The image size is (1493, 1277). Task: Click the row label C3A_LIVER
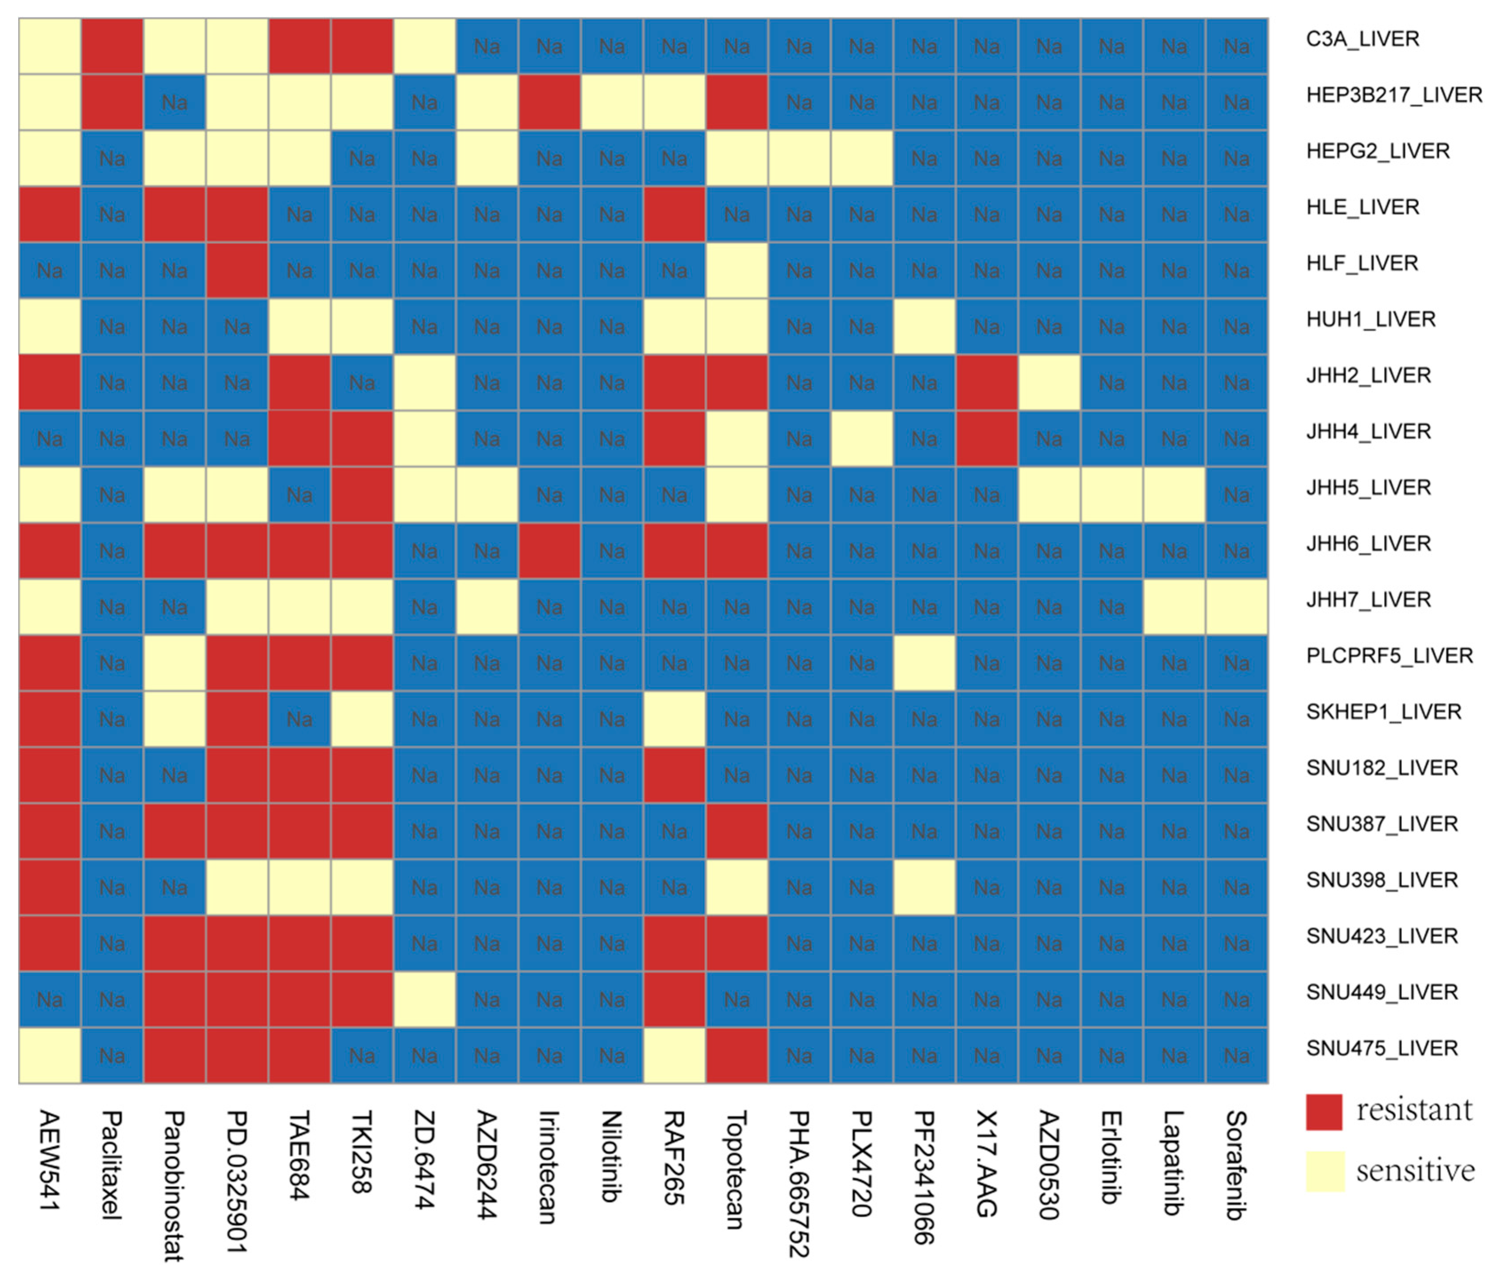[x=1362, y=39]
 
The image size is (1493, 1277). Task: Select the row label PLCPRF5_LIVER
[x=1389, y=656]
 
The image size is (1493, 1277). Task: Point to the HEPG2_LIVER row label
[x=1377, y=151]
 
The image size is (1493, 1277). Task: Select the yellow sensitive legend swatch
[x=1324, y=1171]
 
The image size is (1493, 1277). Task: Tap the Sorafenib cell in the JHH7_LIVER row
[x=1237, y=607]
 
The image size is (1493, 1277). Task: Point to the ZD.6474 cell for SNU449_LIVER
[x=424, y=999]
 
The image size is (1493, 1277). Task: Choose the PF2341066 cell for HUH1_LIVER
[x=924, y=326]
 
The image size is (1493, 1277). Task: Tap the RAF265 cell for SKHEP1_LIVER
[x=674, y=719]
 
